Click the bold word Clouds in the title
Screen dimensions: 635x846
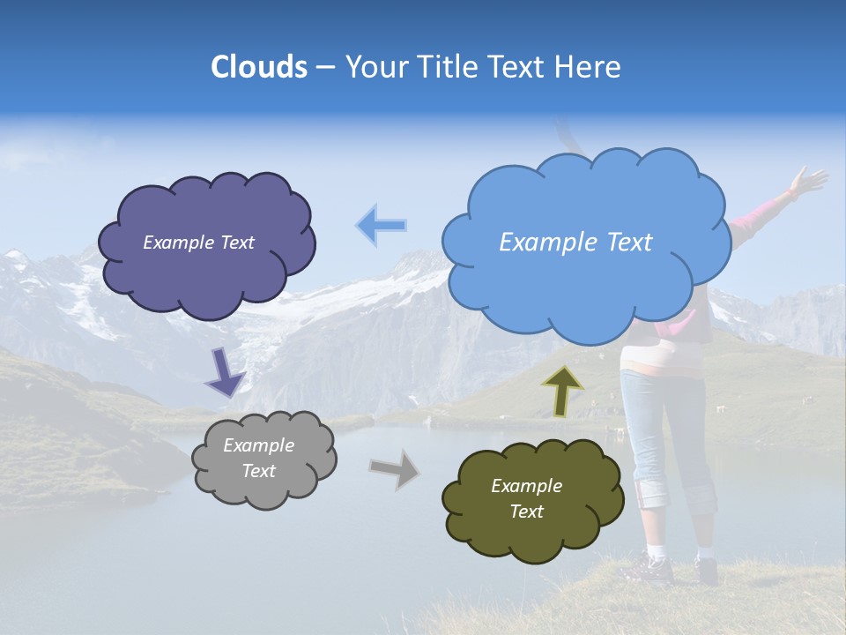point(258,67)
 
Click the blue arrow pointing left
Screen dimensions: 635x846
point(381,226)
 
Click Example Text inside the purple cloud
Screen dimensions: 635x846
point(198,243)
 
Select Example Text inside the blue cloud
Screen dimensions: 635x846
point(575,243)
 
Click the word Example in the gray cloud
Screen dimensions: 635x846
point(258,445)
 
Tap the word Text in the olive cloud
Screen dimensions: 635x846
point(526,512)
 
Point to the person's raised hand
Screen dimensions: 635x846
point(807,181)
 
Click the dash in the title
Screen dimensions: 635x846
point(323,67)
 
